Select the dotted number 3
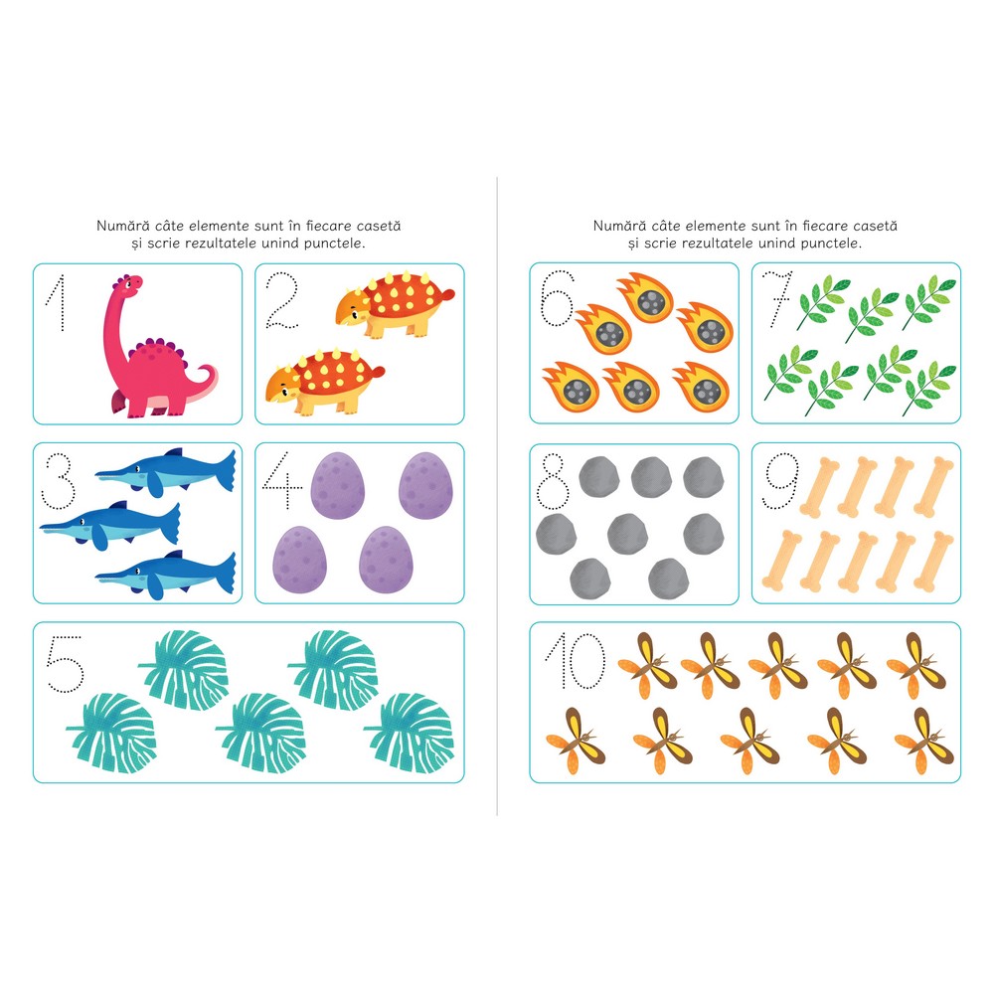coord(59,480)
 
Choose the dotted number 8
coord(553,481)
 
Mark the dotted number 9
coord(779,480)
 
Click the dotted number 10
coord(576,661)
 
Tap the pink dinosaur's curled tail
coord(204,381)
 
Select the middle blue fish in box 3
coord(110,523)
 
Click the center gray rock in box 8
coord(627,534)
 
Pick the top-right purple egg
coord(425,485)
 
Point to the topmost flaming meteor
coord(645,297)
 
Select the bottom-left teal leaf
coord(111,733)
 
